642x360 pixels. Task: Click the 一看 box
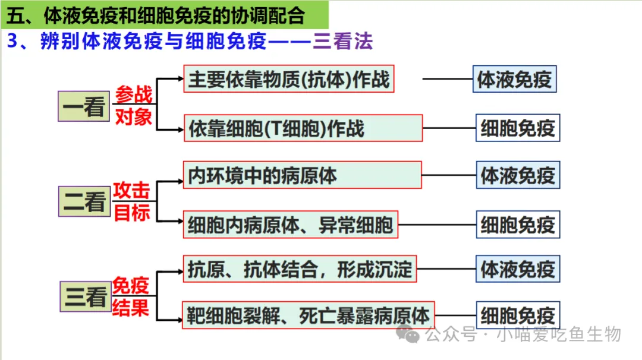(x=84, y=106)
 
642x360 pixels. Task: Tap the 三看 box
(x=85, y=296)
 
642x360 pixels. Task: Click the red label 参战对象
(x=134, y=106)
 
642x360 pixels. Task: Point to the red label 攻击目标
(x=131, y=201)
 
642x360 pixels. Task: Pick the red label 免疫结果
(x=131, y=296)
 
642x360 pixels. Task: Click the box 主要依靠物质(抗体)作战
(x=289, y=78)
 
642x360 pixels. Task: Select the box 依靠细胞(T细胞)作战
(x=303, y=128)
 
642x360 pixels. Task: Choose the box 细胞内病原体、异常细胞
(x=291, y=225)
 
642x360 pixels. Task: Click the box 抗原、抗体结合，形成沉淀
(x=300, y=269)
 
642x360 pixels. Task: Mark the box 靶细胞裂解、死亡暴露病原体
(x=308, y=315)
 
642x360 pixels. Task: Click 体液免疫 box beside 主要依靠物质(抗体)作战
(x=515, y=79)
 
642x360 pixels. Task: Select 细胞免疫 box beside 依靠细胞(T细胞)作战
(x=518, y=128)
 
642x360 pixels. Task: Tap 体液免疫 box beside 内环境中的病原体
(x=518, y=175)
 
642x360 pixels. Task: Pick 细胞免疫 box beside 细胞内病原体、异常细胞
(x=518, y=225)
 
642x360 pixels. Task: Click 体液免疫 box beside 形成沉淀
(x=518, y=269)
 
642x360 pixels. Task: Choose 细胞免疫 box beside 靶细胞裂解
(x=518, y=315)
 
